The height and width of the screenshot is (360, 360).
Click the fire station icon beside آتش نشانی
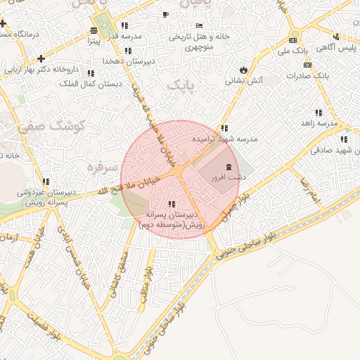coord(243,70)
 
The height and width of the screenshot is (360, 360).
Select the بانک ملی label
coord(293,51)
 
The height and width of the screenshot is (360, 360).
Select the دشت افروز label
coord(228,179)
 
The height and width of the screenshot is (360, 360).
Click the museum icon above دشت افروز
coord(228,167)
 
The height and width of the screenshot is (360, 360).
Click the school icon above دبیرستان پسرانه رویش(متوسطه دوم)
coord(172,204)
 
